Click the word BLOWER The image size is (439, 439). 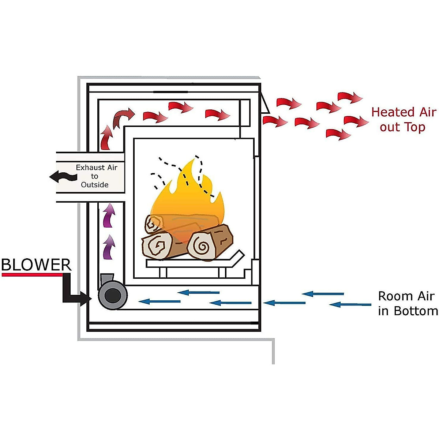coord(36,265)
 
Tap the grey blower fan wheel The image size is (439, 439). coord(112,295)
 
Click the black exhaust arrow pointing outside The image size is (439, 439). coord(63,177)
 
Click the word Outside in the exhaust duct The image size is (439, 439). coord(95,185)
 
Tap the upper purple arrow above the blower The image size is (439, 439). coord(108,215)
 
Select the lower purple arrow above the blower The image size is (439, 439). coord(108,247)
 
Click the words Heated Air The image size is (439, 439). coord(404,112)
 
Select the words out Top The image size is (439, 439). coord(402,127)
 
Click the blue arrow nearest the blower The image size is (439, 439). coord(160,301)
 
